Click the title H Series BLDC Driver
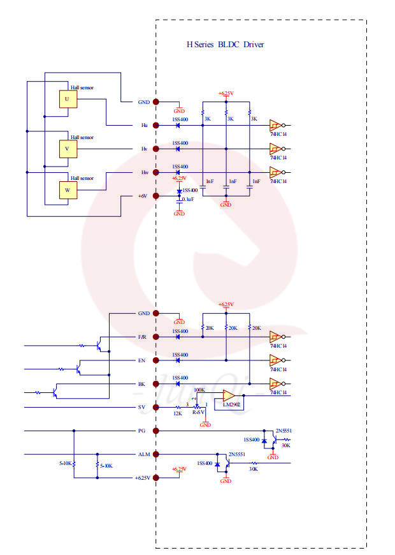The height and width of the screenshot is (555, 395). click(224, 45)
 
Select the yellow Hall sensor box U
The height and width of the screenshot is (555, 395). click(67, 100)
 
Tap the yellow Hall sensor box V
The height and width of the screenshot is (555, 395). click(67, 148)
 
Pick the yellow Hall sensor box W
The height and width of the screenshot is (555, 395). click(67, 190)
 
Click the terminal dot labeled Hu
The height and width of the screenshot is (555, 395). click(156, 125)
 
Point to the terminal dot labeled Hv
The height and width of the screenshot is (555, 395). click(156, 149)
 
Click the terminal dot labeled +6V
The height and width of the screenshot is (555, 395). click(156, 196)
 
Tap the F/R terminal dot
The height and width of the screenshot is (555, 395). click(156, 337)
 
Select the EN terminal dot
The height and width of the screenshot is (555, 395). click(156, 360)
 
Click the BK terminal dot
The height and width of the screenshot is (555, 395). click(156, 384)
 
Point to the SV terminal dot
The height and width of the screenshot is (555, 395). click(156, 407)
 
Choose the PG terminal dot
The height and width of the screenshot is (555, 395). click(156, 431)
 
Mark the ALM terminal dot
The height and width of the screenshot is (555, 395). click(156, 454)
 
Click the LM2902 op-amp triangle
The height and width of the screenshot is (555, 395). click(229, 396)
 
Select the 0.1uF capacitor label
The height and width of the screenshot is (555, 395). click(188, 200)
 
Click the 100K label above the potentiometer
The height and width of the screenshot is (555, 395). click(199, 389)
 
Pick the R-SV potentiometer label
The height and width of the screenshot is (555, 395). click(199, 413)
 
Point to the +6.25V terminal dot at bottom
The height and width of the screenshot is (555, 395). click(156, 477)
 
